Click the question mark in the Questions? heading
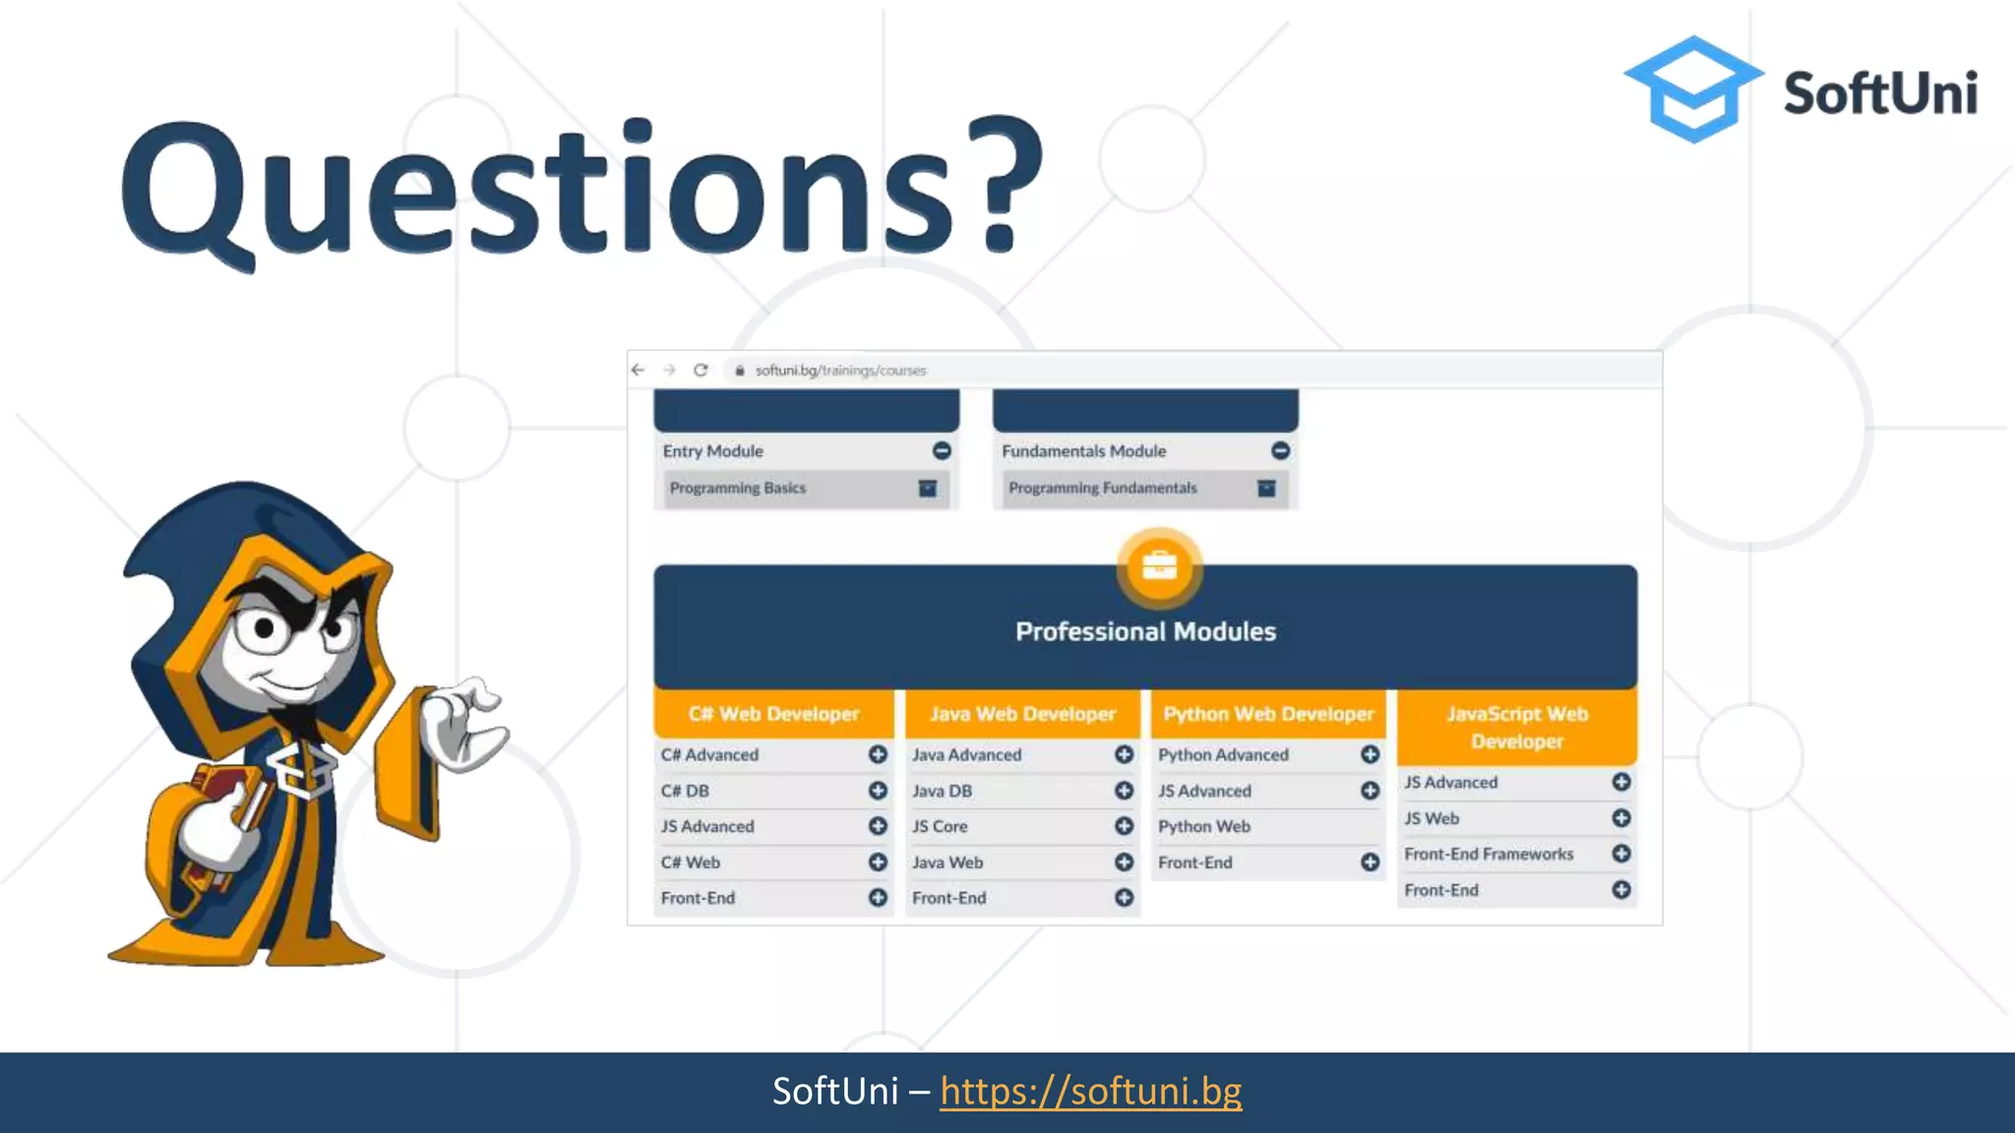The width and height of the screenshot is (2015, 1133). point(1004,182)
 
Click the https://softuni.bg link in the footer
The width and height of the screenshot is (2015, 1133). point(1090,1091)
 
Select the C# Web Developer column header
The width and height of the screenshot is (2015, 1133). point(773,714)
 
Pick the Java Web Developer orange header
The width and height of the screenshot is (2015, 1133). point(1022,714)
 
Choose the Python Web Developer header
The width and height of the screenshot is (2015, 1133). point(1268,714)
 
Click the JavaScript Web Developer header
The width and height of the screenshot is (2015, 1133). point(1516,727)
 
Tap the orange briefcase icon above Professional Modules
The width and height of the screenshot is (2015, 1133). point(1159,566)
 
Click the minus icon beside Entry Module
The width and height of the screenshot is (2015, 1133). point(942,450)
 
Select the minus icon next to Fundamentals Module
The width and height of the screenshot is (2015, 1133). point(1280,450)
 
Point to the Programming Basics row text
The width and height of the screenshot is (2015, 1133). point(738,488)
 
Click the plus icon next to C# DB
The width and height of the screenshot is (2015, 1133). point(878,791)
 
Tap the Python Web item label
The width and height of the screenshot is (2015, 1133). point(1204,826)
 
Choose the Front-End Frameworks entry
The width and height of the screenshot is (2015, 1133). point(1489,854)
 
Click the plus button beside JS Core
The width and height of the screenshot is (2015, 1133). point(1124,826)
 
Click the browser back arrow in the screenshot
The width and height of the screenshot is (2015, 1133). point(638,370)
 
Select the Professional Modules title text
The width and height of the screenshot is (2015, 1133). point(1145,631)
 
